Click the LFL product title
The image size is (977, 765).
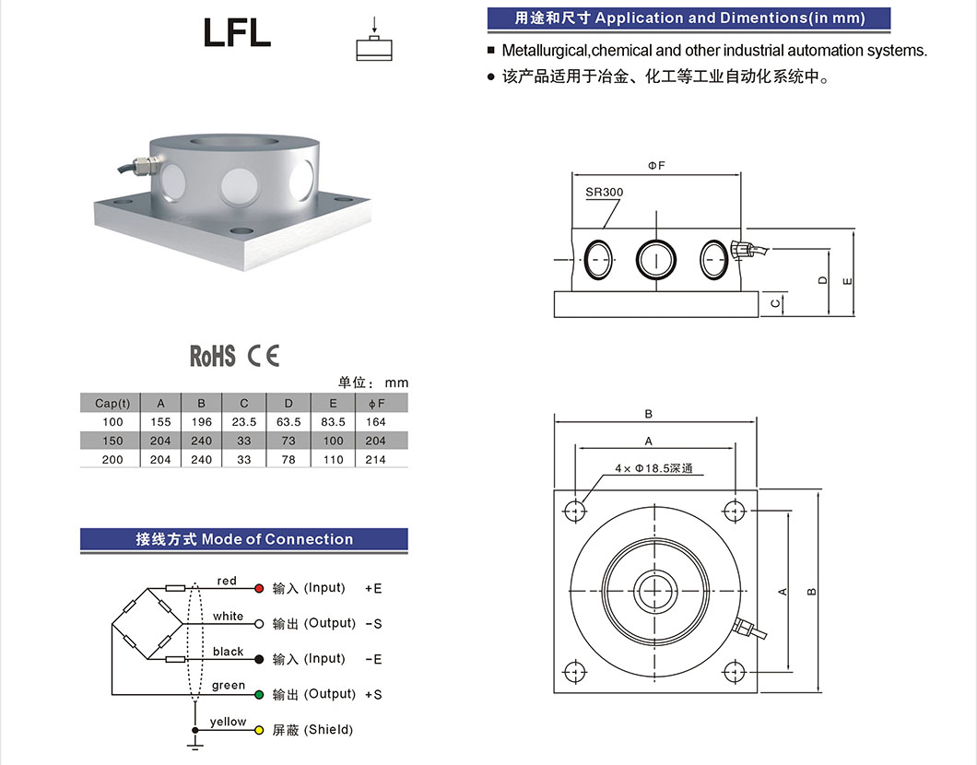[x=237, y=33]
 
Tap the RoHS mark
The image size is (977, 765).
[x=213, y=356]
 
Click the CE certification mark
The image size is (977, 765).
[x=263, y=356]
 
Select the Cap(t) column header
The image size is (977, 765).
[x=112, y=403]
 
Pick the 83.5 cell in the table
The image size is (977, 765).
[x=333, y=422]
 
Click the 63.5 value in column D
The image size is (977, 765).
[x=288, y=422]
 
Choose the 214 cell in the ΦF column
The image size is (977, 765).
[x=375, y=459]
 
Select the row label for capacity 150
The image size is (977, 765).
[x=112, y=441]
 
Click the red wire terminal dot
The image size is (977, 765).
[x=259, y=588]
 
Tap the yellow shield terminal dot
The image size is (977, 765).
[x=259, y=729]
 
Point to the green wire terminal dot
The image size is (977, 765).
[x=259, y=694]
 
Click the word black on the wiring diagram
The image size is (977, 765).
[x=228, y=652]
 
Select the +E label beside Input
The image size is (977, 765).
[x=373, y=588]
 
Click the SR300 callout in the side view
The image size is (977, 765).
[x=604, y=193]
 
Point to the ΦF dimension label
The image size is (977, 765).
[x=655, y=165]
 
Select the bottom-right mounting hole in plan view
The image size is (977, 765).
[x=735, y=670]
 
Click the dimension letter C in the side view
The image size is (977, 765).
[x=776, y=302]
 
